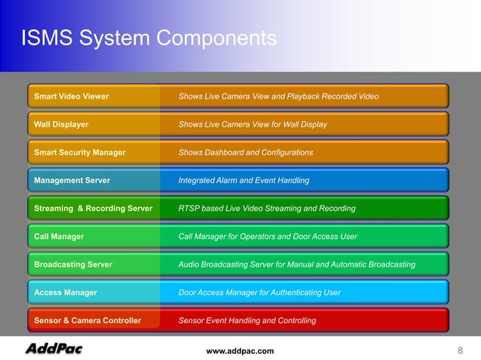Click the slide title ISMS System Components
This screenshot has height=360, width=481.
tap(149, 38)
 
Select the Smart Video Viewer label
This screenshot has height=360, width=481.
tap(72, 96)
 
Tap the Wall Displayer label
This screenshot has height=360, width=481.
tap(61, 124)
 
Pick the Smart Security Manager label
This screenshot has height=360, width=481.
tap(80, 152)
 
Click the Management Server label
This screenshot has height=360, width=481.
tap(72, 181)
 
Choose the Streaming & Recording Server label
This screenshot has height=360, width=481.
tap(93, 208)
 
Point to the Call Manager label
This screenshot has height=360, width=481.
tap(59, 236)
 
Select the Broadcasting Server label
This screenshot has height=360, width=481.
tap(73, 264)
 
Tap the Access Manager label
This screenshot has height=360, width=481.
tap(66, 292)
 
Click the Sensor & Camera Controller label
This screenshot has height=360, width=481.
tap(87, 320)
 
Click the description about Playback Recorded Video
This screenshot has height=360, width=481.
tap(278, 96)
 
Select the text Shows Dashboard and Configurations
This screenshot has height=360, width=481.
tap(246, 152)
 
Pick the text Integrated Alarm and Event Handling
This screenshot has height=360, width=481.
tap(244, 181)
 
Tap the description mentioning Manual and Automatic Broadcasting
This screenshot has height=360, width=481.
tap(297, 264)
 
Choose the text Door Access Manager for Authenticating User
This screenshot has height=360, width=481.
tap(259, 292)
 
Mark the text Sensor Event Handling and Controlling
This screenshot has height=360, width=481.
tap(247, 320)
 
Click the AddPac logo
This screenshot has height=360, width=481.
tap(54, 349)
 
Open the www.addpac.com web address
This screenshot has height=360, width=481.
tap(240, 351)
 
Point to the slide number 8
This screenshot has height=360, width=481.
tap(460, 350)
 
